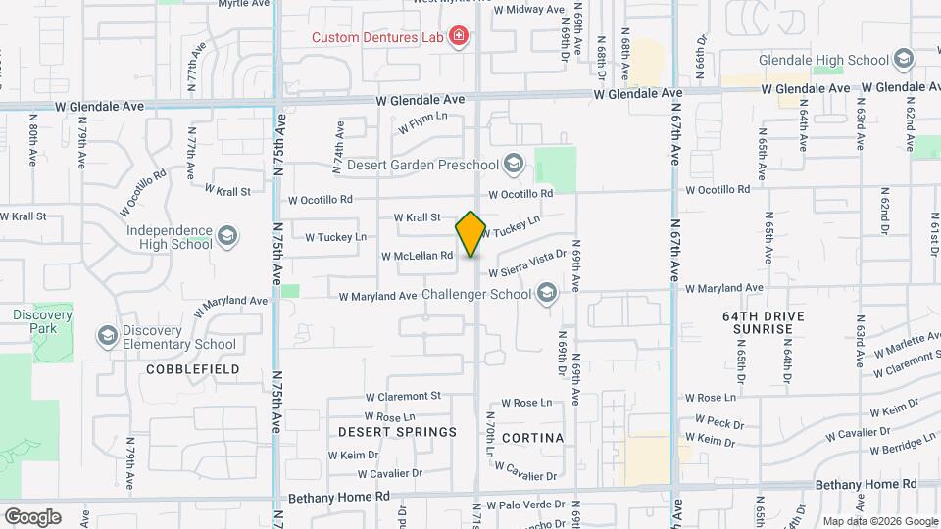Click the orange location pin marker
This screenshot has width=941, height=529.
tap(470, 234)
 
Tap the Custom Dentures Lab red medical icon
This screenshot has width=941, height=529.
tap(458, 38)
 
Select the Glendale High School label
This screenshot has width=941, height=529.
tap(842, 60)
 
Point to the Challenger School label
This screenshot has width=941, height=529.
tap(476, 294)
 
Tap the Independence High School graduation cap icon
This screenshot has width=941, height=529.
tap(227, 236)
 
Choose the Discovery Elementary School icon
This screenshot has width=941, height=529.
tap(106, 337)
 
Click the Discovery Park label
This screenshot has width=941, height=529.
tap(42, 322)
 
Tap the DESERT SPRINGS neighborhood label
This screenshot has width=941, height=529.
tap(397, 432)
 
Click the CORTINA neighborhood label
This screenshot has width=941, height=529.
tap(532, 437)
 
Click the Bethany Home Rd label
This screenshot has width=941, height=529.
tap(867, 484)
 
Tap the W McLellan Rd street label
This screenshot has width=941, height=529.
tap(417, 256)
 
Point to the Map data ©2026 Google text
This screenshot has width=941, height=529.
tap(879, 521)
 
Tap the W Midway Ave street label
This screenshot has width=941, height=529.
tap(528, 9)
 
